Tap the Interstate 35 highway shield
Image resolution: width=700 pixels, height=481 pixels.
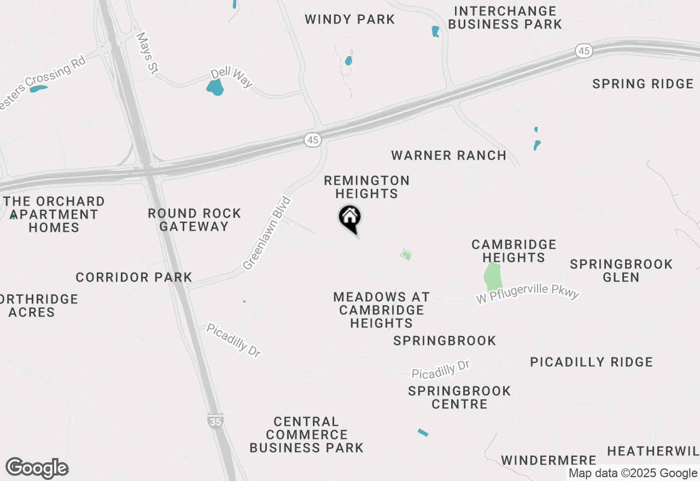[215, 421]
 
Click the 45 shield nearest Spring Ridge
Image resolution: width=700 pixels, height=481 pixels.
[584, 51]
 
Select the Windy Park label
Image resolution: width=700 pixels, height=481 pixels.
[349, 20]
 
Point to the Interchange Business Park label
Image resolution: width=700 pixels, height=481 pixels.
[505, 17]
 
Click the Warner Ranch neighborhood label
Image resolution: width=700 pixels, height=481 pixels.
[448, 156]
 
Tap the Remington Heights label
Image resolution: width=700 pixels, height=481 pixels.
[366, 187]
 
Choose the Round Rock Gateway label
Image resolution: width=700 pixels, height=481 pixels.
[195, 220]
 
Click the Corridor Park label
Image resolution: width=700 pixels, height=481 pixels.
[134, 278]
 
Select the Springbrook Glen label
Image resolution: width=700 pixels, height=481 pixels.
[621, 271]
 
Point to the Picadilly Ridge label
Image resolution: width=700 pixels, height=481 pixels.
[591, 362]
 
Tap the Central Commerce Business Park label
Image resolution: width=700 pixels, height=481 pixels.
[306, 435]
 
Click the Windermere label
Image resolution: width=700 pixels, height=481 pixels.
[549, 460]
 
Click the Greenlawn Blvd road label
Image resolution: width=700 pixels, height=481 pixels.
[267, 233]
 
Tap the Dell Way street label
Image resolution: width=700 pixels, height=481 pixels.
[232, 78]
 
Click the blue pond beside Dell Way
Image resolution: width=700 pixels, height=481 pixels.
[215, 87]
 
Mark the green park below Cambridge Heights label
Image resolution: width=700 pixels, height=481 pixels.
[493, 277]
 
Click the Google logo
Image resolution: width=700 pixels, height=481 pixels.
[37, 468]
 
